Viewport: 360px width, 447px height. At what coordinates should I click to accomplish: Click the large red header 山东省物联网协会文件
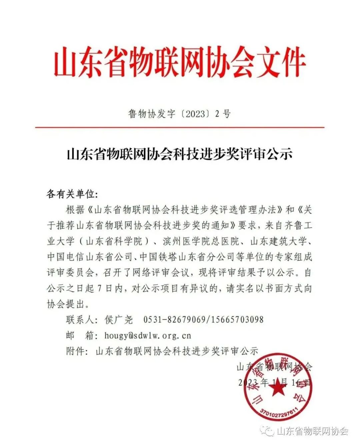180,62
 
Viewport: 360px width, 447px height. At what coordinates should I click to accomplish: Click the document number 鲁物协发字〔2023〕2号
179,114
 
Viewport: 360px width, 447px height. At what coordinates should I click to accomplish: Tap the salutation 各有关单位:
72,194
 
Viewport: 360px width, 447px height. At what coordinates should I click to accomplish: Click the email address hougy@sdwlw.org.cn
143,335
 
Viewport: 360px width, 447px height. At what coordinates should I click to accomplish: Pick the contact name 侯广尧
119,320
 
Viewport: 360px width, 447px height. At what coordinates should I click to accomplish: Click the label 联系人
80,320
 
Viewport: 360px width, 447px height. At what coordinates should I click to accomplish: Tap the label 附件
75,351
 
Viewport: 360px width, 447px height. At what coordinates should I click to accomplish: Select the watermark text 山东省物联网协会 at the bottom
312,431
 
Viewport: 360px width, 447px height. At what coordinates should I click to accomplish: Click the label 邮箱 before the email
80,335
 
